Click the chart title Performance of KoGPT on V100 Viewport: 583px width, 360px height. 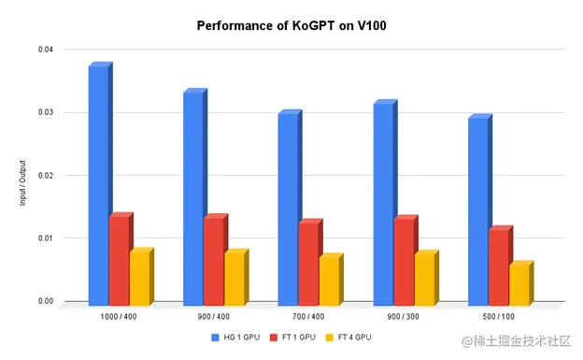291,26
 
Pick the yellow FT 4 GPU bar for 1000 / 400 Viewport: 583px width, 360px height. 139,278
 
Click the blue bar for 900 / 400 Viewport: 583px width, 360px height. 192,198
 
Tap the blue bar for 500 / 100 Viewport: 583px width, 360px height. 477,211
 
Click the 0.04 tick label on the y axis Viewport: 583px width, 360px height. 45,49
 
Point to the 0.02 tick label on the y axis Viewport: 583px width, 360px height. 45,175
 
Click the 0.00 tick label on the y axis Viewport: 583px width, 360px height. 45,301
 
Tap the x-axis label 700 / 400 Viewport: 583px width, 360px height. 309,317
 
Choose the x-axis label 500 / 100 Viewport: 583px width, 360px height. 499,317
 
